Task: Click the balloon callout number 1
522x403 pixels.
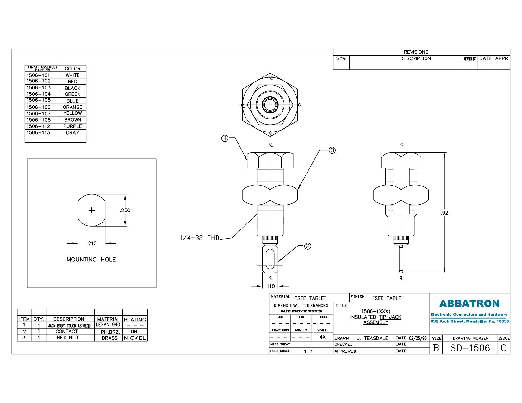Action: click(225, 138)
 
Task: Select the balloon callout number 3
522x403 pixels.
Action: click(332, 150)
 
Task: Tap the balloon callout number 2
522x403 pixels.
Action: click(308, 246)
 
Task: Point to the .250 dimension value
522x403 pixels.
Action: click(125, 210)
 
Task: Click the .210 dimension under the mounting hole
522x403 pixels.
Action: click(91, 243)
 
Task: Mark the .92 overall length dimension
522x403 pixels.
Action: click(444, 213)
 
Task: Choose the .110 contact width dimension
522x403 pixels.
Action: click(270, 286)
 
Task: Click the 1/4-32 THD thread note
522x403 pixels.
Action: click(200, 238)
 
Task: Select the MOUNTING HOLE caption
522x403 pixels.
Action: click(91, 260)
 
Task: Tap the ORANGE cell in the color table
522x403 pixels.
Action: click(72, 107)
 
